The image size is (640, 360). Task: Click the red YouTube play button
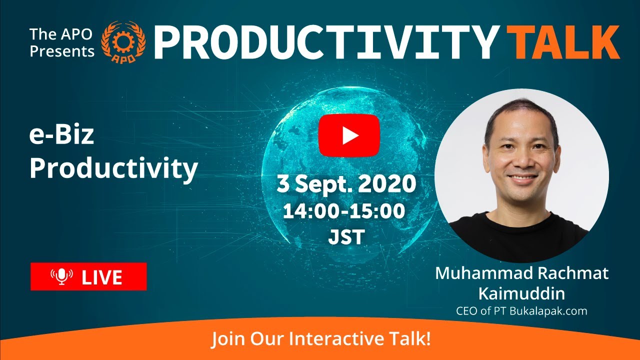click(x=349, y=135)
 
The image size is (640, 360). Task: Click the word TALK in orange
click(x=563, y=42)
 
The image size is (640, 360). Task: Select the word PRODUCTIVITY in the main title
click(x=325, y=42)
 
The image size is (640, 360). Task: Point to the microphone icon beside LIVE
click(x=61, y=276)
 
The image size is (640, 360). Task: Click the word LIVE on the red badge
click(x=102, y=277)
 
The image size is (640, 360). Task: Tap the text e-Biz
click(x=61, y=136)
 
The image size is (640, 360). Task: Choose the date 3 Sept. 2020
click(x=346, y=184)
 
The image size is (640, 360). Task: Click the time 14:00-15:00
click(x=344, y=211)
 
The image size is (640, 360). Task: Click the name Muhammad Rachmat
click(x=521, y=273)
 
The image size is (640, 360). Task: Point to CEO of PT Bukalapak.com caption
click(x=521, y=311)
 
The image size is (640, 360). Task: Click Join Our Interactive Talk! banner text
click(x=320, y=339)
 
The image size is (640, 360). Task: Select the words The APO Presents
click(x=62, y=42)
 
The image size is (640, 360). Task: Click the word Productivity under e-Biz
click(x=113, y=169)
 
